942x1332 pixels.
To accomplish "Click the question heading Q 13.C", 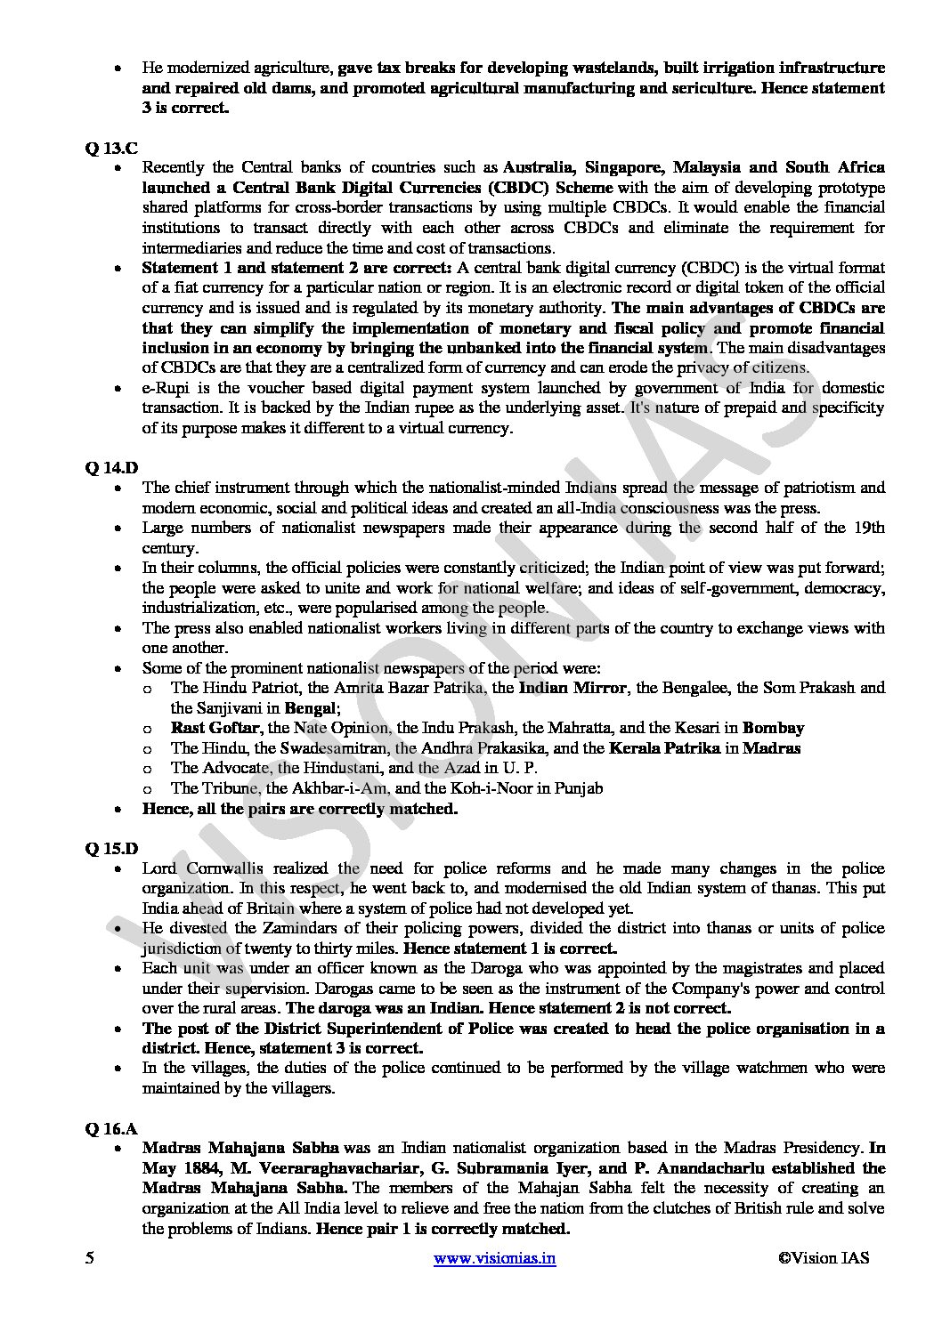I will [111, 148].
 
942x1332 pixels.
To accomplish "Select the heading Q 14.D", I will [112, 467].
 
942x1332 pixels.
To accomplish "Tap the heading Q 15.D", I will [112, 848].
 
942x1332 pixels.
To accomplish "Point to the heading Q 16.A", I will [111, 1128].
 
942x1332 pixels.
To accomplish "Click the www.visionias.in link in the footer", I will [494, 1258].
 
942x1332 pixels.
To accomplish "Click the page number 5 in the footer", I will [89, 1258].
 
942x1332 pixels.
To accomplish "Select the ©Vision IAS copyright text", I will [824, 1258].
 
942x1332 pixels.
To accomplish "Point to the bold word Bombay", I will [773, 728].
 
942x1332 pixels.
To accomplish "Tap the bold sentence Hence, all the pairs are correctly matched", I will [300, 809].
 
